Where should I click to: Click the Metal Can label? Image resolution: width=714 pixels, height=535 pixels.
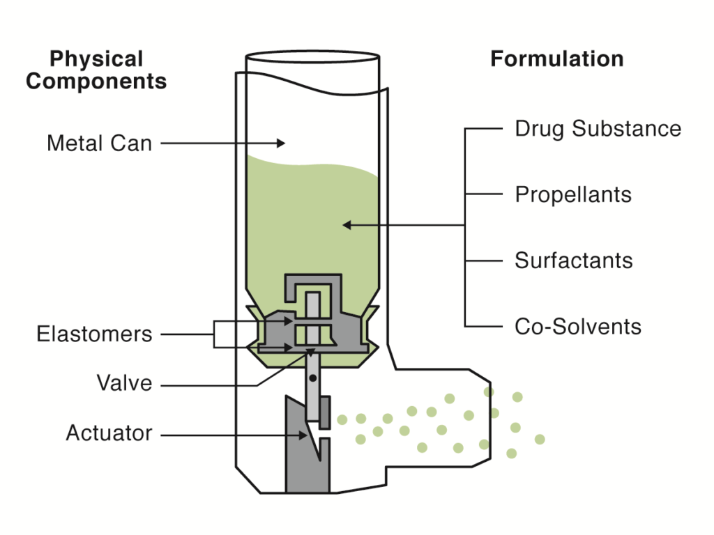pos(99,144)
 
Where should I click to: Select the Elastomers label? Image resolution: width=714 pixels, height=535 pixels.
pos(94,334)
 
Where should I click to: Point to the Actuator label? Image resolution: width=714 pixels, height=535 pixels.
pos(109,433)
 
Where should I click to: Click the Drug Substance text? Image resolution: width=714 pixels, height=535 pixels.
pos(598,129)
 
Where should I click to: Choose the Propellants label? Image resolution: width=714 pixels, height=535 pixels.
pos(573,194)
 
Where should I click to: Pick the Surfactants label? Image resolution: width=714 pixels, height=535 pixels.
pos(574,261)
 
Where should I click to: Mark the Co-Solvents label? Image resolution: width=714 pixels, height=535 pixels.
pos(578,326)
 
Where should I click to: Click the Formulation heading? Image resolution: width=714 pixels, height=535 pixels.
pos(556,59)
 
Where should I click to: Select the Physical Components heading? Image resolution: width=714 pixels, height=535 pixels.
pos(96,70)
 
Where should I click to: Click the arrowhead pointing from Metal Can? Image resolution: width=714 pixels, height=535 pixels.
pos(281,144)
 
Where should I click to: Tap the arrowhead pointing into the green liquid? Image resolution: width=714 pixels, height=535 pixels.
pos(347,225)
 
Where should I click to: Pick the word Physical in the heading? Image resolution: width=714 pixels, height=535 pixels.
pos(96,59)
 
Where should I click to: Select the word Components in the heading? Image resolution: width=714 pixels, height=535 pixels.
pos(96,81)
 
